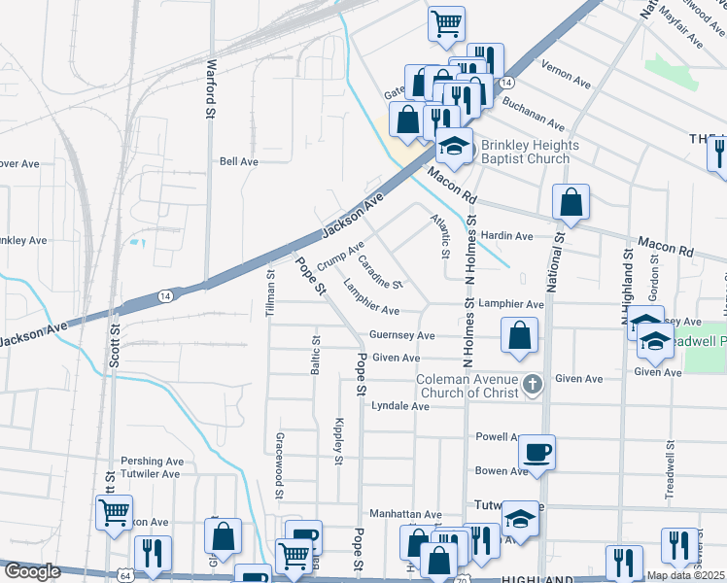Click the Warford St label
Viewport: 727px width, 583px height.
click(210, 89)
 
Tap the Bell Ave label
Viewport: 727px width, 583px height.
click(238, 161)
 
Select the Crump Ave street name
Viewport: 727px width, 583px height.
click(339, 256)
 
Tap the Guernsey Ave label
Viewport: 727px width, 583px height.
click(401, 335)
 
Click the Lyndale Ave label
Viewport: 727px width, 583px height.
click(399, 406)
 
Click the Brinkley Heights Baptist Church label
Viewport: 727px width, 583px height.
click(529, 152)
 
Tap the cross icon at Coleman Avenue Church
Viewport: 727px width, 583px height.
click(532, 385)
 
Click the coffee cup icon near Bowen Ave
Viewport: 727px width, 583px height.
click(537, 452)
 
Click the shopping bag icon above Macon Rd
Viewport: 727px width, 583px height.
click(571, 202)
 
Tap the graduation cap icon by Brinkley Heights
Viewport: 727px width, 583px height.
click(453, 146)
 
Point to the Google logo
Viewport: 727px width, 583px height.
click(33, 572)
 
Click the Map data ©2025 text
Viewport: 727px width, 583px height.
click(685, 575)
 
